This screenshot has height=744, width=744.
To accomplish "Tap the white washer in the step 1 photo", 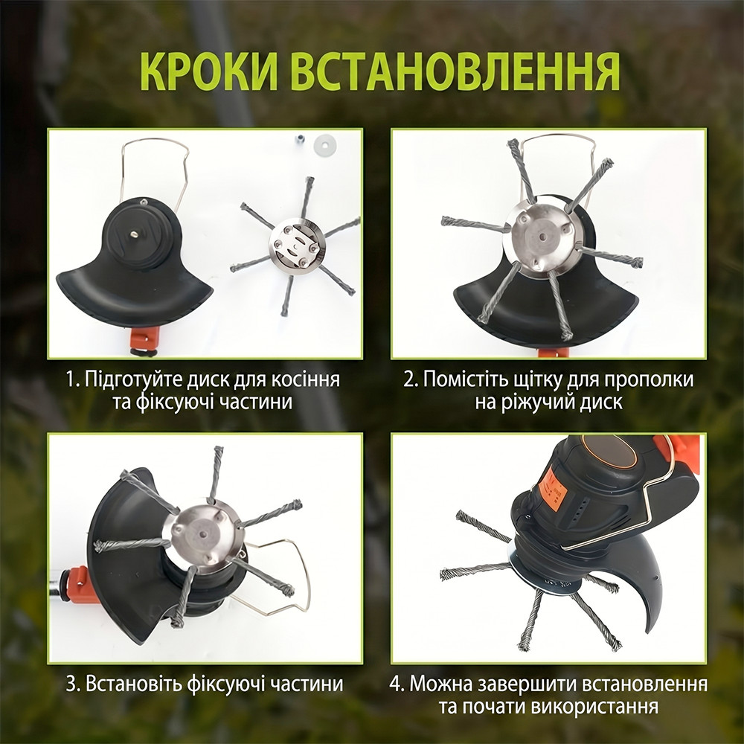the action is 325,143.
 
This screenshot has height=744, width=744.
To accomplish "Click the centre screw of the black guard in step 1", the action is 135,234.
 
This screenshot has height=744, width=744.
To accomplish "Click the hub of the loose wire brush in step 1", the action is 297,246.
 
